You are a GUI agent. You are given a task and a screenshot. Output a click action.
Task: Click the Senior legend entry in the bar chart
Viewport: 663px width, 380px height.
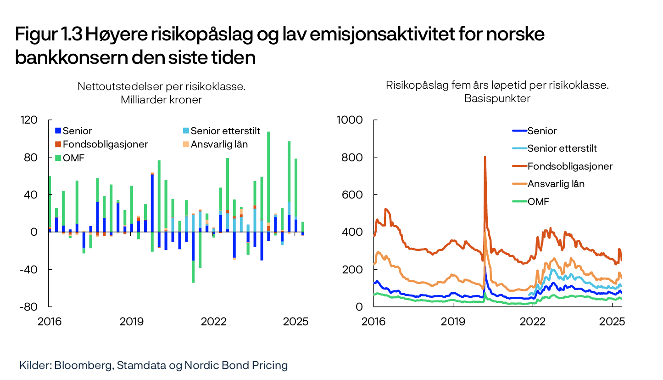pos(77,131)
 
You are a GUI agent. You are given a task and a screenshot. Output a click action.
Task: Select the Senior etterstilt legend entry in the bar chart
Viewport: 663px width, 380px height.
pos(225,131)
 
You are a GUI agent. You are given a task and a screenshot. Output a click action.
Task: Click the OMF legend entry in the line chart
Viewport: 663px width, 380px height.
pos(538,201)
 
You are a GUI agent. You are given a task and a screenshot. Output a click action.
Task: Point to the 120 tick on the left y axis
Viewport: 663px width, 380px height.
pos(29,120)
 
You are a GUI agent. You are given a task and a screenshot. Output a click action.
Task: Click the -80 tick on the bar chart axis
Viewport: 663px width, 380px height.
pos(29,306)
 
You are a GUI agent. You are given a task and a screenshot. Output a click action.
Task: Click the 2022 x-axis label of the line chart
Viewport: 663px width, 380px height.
pos(532,322)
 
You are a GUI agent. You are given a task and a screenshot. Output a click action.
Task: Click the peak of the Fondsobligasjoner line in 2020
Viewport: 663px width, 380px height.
pos(485,157)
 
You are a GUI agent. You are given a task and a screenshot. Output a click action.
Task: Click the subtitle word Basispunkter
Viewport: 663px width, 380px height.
pos(497,98)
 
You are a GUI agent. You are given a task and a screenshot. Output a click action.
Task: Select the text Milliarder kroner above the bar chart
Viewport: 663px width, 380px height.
pos(161,100)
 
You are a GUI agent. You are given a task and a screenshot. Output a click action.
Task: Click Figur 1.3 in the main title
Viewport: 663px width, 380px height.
pos(48,34)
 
